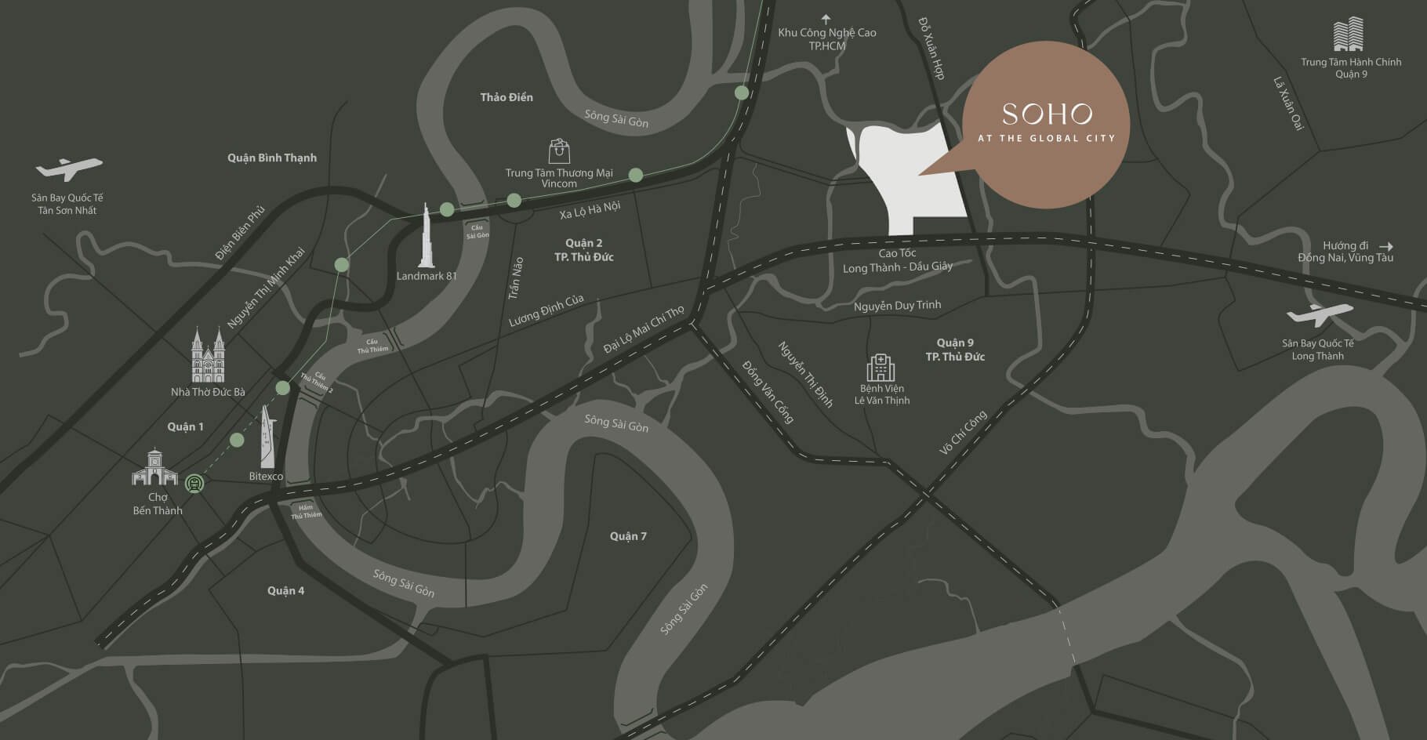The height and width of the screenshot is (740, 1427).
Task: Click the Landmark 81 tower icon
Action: [427, 236]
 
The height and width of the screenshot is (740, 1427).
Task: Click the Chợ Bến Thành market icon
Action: [154, 467]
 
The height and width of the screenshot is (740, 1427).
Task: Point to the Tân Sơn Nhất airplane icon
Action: [69, 169]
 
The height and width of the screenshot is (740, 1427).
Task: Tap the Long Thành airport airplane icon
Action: [1319, 315]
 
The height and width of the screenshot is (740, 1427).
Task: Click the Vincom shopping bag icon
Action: [559, 151]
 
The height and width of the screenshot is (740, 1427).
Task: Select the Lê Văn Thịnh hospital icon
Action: [881, 368]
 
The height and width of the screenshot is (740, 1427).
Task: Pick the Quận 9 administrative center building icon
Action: [1349, 35]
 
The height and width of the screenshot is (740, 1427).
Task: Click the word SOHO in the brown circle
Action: [1047, 115]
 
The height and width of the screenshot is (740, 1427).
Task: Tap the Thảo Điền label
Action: [507, 97]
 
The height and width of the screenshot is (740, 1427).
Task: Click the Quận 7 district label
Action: [628, 536]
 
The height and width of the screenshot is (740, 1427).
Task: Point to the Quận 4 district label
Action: [285, 590]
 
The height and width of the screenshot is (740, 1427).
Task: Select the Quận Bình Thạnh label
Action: [272, 158]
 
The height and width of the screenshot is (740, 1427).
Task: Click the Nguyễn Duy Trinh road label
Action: [897, 305]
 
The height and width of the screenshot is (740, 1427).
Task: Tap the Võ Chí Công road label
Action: [963, 433]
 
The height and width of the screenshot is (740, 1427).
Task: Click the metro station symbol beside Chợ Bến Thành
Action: [194, 484]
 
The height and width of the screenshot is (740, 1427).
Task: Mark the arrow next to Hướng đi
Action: [1385, 245]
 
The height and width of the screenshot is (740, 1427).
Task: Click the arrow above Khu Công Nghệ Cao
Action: [826, 19]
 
